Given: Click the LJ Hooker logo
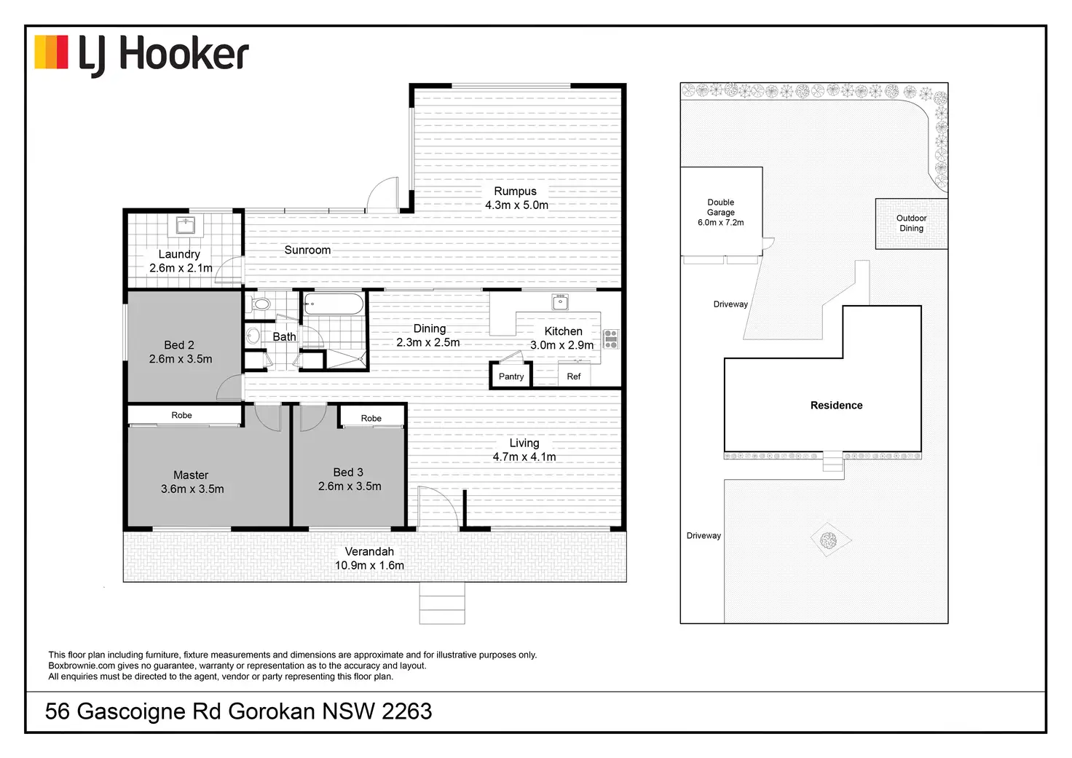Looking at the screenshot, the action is pyautogui.click(x=142, y=55).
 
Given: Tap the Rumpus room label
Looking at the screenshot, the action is pyautogui.click(x=515, y=192).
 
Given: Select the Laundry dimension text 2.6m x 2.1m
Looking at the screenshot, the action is pyautogui.click(x=181, y=268).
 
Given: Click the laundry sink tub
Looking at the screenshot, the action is pyautogui.click(x=186, y=225).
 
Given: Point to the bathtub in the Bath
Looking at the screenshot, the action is pyautogui.click(x=333, y=304).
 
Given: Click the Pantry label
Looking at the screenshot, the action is pyautogui.click(x=511, y=376).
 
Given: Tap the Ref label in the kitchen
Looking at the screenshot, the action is pyautogui.click(x=574, y=376).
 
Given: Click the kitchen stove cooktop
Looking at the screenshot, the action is pyautogui.click(x=611, y=339).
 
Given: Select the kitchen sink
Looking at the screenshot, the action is pyautogui.click(x=559, y=301).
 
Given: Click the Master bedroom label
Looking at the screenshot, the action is pyautogui.click(x=191, y=475).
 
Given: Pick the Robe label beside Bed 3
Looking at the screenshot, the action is pyautogui.click(x=371, y=418).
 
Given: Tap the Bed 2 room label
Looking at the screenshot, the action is pyautogui.click(x=179, y=345).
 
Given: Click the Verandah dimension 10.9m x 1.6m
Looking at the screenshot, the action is pyautogui.click(x=369, y=565).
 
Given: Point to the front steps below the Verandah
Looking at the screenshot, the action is pyautogui.click(x=442, y=604).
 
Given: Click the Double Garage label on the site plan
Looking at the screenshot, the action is pyautogui.click(x=720, y=208).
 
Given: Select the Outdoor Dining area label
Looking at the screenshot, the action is pyautogui.click(x=911, y=223).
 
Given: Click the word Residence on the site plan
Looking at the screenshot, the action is pyautogui.click(x=836, y=406).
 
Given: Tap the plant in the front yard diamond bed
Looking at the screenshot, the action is pyautogui.click(x=828, y=540).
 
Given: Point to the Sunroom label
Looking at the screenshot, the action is pyautogui.click(x=307, y=250).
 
